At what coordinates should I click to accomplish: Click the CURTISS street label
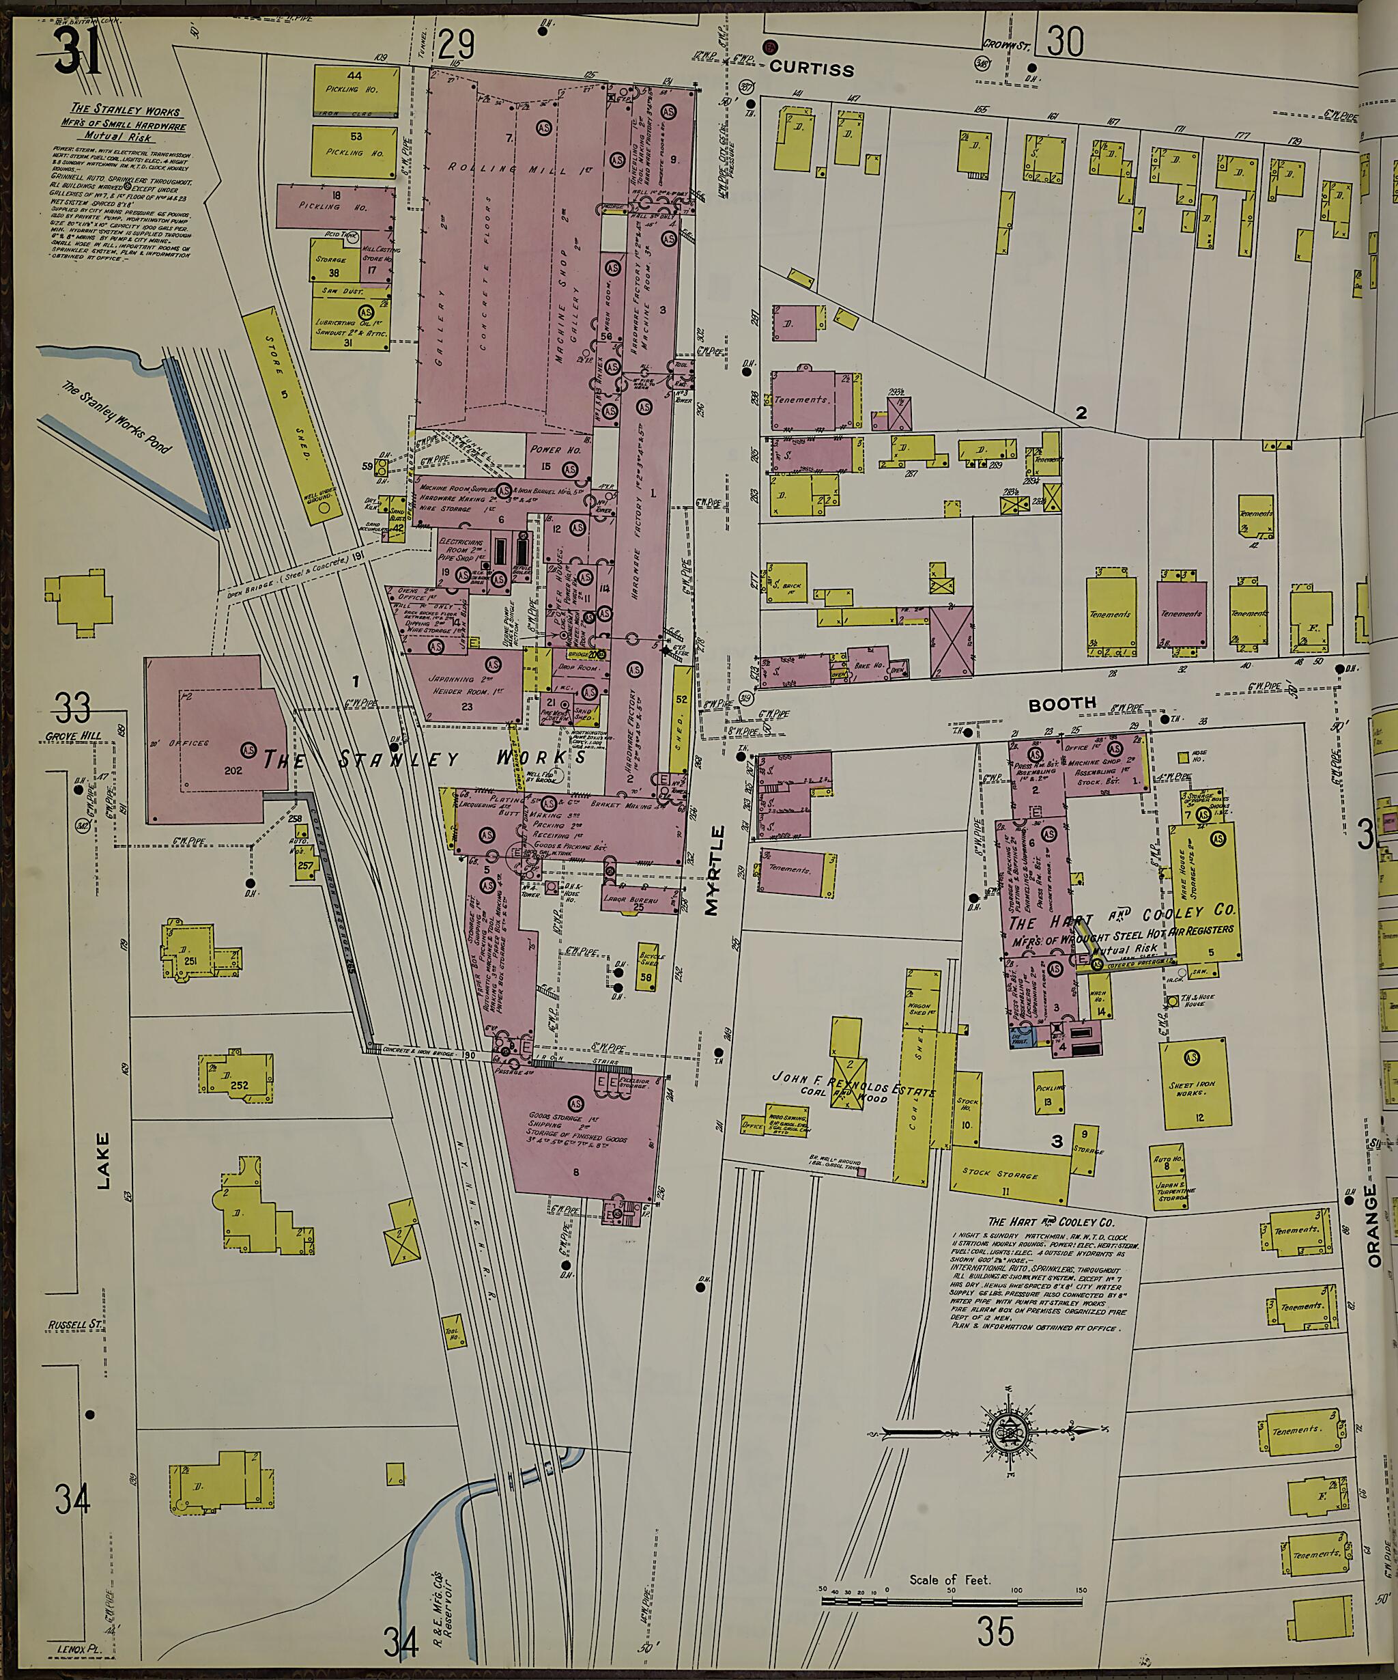tap(811, 70)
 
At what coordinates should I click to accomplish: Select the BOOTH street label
tap(1062, 704)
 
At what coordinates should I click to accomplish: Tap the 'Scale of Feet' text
tap(950, 1580)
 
